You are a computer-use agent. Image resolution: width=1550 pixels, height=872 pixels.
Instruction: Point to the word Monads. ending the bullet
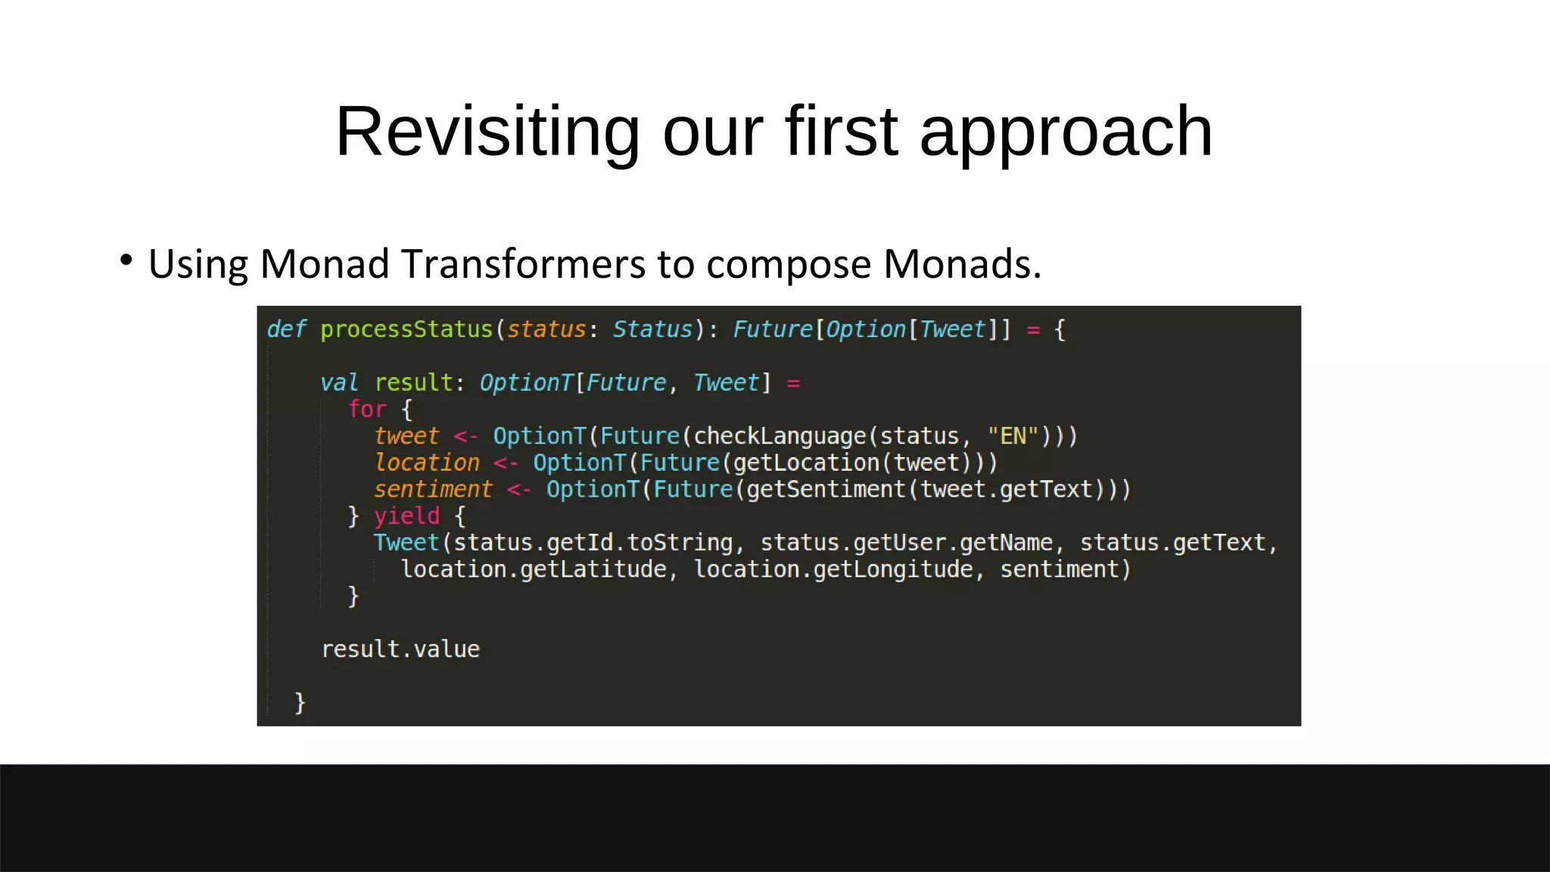pos(962,264)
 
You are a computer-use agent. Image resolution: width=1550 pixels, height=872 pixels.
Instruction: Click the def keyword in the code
pos(286,329)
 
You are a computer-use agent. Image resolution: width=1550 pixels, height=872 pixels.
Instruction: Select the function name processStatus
pos(406,330)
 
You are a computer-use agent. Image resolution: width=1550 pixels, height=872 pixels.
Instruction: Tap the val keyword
pos(338,383)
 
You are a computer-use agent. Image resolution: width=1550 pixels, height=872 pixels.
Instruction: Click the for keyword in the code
pos(367,410)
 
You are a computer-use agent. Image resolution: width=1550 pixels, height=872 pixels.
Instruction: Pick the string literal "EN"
pos(1013,437)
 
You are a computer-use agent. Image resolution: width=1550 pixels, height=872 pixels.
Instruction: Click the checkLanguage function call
pos(780,437)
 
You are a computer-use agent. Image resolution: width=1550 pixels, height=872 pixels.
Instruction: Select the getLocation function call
pos(807,463)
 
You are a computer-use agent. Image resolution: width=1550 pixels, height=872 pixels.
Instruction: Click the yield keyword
pos(406,516)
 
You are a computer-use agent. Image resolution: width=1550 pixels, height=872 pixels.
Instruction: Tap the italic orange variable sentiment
pos(433,490)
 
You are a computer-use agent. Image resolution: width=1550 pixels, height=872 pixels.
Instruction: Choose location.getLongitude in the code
pos(833,569)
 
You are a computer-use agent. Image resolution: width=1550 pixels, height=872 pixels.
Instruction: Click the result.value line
pos(400,649)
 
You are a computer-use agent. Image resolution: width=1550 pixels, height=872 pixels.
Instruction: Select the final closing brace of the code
pos(300,702)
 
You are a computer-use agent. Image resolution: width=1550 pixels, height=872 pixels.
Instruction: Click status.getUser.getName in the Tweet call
pos(906,543)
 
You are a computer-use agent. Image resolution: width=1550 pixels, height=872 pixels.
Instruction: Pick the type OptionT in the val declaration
pos(526,383)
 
